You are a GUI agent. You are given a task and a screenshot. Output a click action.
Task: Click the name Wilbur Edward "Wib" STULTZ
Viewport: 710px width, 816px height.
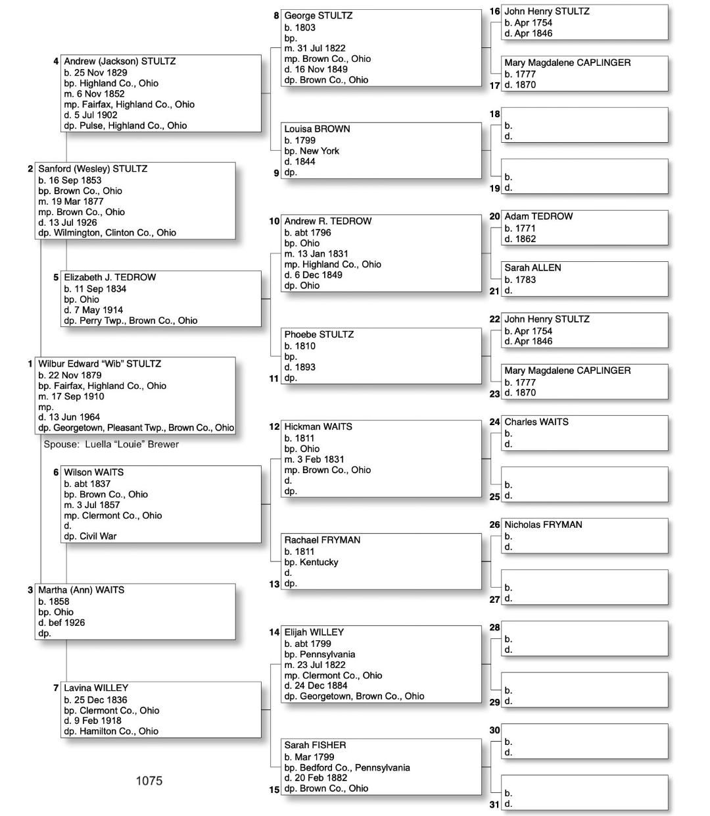pos(99,364)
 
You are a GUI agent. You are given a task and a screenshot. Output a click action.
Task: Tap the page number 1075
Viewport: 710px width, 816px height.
pos(149,780)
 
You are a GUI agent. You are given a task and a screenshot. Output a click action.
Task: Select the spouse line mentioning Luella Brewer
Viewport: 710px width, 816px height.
pos(111,444)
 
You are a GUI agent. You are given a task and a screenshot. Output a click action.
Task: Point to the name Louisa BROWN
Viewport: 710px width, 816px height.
pos(317,129)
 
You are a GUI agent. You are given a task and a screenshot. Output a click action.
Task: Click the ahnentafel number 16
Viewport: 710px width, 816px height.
pos(494,11)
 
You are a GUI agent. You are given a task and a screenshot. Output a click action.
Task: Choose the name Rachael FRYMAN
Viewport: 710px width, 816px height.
pos(322,540)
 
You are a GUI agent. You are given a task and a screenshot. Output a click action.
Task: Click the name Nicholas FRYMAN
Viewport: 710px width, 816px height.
pos(543,524)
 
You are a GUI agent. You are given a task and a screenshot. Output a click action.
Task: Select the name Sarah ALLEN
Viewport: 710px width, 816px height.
pos(532,268)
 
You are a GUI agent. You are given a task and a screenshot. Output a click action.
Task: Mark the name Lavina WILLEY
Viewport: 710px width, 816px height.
pos(96,688)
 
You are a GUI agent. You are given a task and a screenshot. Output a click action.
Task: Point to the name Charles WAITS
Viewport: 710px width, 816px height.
pos(536,422)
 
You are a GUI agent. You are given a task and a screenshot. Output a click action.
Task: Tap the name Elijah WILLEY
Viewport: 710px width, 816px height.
pos(314,632)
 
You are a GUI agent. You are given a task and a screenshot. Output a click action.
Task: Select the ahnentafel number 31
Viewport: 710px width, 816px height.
pos(494,804)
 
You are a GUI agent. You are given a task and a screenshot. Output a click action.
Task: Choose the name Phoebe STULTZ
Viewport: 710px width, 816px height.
pos(319,334)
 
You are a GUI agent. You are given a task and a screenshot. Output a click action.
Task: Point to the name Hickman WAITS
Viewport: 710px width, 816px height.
pos(318,426)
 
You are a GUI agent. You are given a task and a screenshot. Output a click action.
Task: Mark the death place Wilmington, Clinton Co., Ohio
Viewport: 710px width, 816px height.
pos(114,233)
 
